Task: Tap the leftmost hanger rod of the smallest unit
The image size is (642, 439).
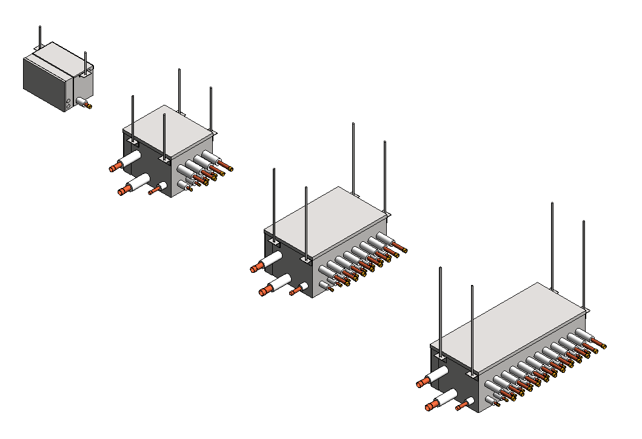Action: [40, 38]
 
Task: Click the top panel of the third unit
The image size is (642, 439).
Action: [325, 222]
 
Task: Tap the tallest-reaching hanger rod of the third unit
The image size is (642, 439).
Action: [353, 158]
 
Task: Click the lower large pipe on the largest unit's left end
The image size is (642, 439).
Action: [445, 400]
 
